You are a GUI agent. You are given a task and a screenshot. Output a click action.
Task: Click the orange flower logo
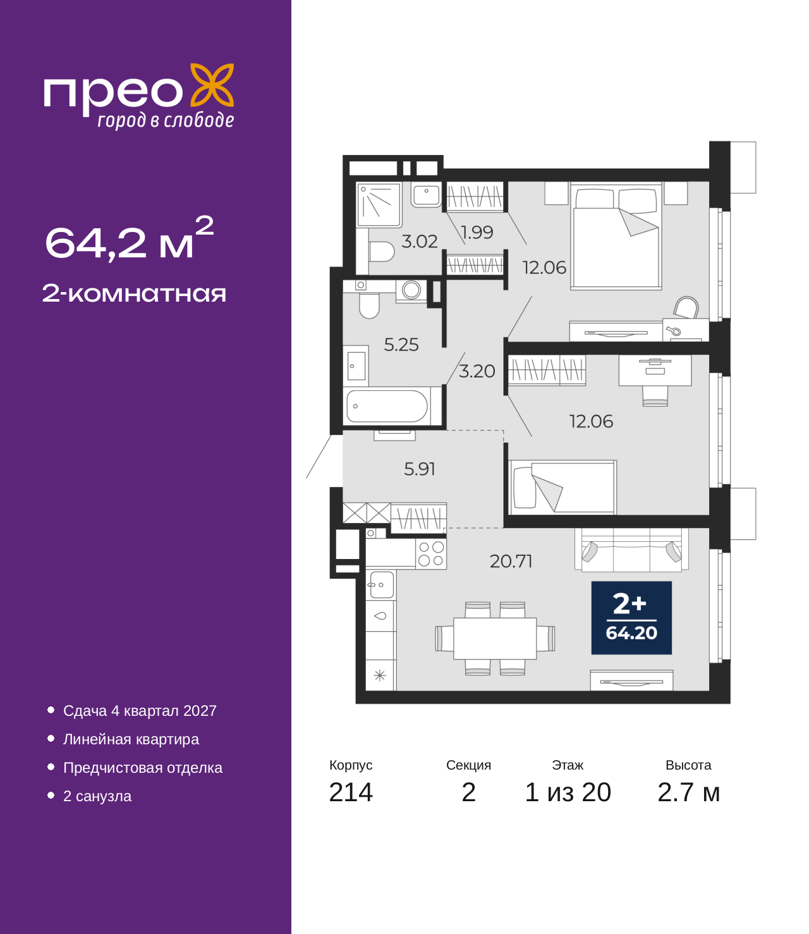click(212, 85)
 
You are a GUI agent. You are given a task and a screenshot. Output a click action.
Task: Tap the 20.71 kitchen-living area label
click(511, 561)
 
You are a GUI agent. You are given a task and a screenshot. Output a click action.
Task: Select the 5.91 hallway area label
click(420, 469)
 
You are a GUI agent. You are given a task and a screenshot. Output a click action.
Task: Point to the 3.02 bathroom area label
click(419, 242)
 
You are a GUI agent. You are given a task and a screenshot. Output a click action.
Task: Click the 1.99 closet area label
click(477, 232)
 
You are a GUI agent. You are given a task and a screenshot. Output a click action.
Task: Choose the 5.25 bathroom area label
click(401, 345)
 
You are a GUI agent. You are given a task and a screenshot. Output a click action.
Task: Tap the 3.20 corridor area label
click(477, 371)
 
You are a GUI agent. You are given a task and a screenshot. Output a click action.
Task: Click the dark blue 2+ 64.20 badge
click(631, 618)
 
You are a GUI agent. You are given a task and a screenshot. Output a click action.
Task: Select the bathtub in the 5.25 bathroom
click(387, 406)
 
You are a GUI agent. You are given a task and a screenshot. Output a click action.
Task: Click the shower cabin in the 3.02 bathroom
click(379, 205)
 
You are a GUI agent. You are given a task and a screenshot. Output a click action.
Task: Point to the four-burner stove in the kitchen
click(431, 553)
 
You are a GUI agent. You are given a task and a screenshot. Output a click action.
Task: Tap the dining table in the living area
click(495, 639)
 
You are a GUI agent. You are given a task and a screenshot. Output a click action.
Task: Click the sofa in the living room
click(631, 550)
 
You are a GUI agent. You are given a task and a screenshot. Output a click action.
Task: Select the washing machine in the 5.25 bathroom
click(411, 290)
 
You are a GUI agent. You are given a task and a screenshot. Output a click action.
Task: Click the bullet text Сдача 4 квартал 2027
click(140, 711)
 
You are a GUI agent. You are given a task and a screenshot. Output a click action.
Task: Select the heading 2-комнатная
click(134, 293)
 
